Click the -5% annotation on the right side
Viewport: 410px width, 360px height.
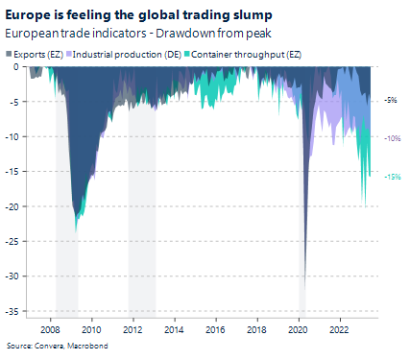tap(391, 99)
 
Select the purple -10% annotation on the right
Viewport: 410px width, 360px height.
tap(392, 138)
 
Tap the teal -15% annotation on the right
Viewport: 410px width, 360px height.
tap(392, 177)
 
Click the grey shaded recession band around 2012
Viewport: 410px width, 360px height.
tap(141, 192)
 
